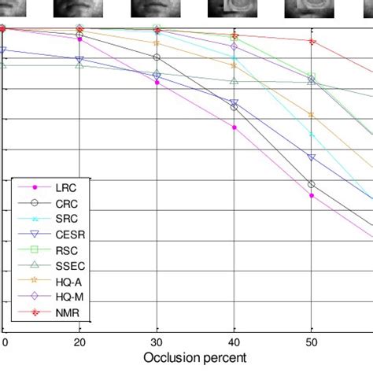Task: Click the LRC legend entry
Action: tap(65, 188)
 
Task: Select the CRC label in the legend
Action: tap(65, 204)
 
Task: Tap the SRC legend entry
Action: tap(65, 220)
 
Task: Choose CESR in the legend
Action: tap(68, 235)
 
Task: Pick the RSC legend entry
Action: tap(65, 251)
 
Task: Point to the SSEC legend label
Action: tap(68, 267)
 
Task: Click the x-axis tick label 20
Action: tap(79, 343)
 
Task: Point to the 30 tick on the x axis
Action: tap(157, 343)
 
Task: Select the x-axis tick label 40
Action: tap(234, 343)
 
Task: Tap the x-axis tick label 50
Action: tap(312, 343)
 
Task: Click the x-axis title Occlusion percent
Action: tap(195, 357)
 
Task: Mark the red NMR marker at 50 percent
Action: tap(312, 42)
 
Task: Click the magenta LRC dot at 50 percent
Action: tap(312, 195)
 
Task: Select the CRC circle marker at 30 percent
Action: tap(157, 57)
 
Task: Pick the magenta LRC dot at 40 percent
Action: tap(235, 127)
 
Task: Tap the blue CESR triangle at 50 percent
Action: tap(312, 157)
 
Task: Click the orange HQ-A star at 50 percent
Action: tap(312, 115)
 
